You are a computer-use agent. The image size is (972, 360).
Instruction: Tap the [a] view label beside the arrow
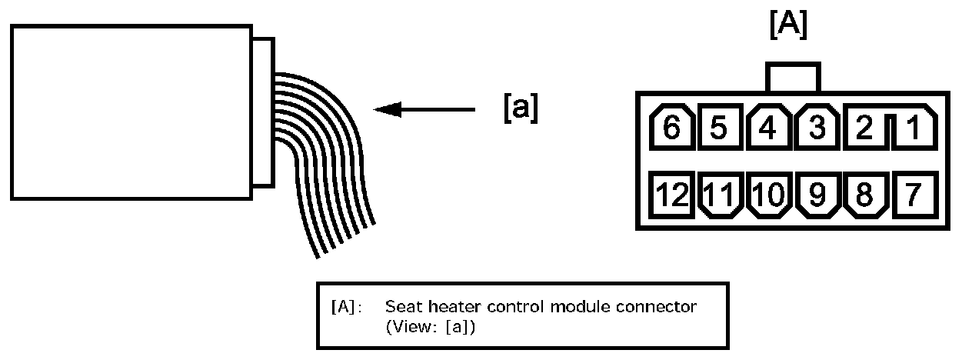(x=521, y=108)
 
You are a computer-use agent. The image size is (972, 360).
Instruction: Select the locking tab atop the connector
(x=793, y=77)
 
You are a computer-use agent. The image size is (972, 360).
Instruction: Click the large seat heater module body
(x=131, y=112)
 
